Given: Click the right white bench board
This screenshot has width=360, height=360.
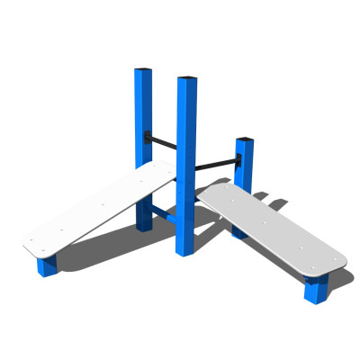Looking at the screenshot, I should pos(270,229).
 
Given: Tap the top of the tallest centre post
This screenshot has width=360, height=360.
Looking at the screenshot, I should pos(186,80).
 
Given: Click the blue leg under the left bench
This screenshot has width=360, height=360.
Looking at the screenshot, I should pos(46,265).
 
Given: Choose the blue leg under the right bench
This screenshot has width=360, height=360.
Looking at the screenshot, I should pos(315,291).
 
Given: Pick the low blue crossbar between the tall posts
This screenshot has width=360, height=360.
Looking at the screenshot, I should pos(163,213).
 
